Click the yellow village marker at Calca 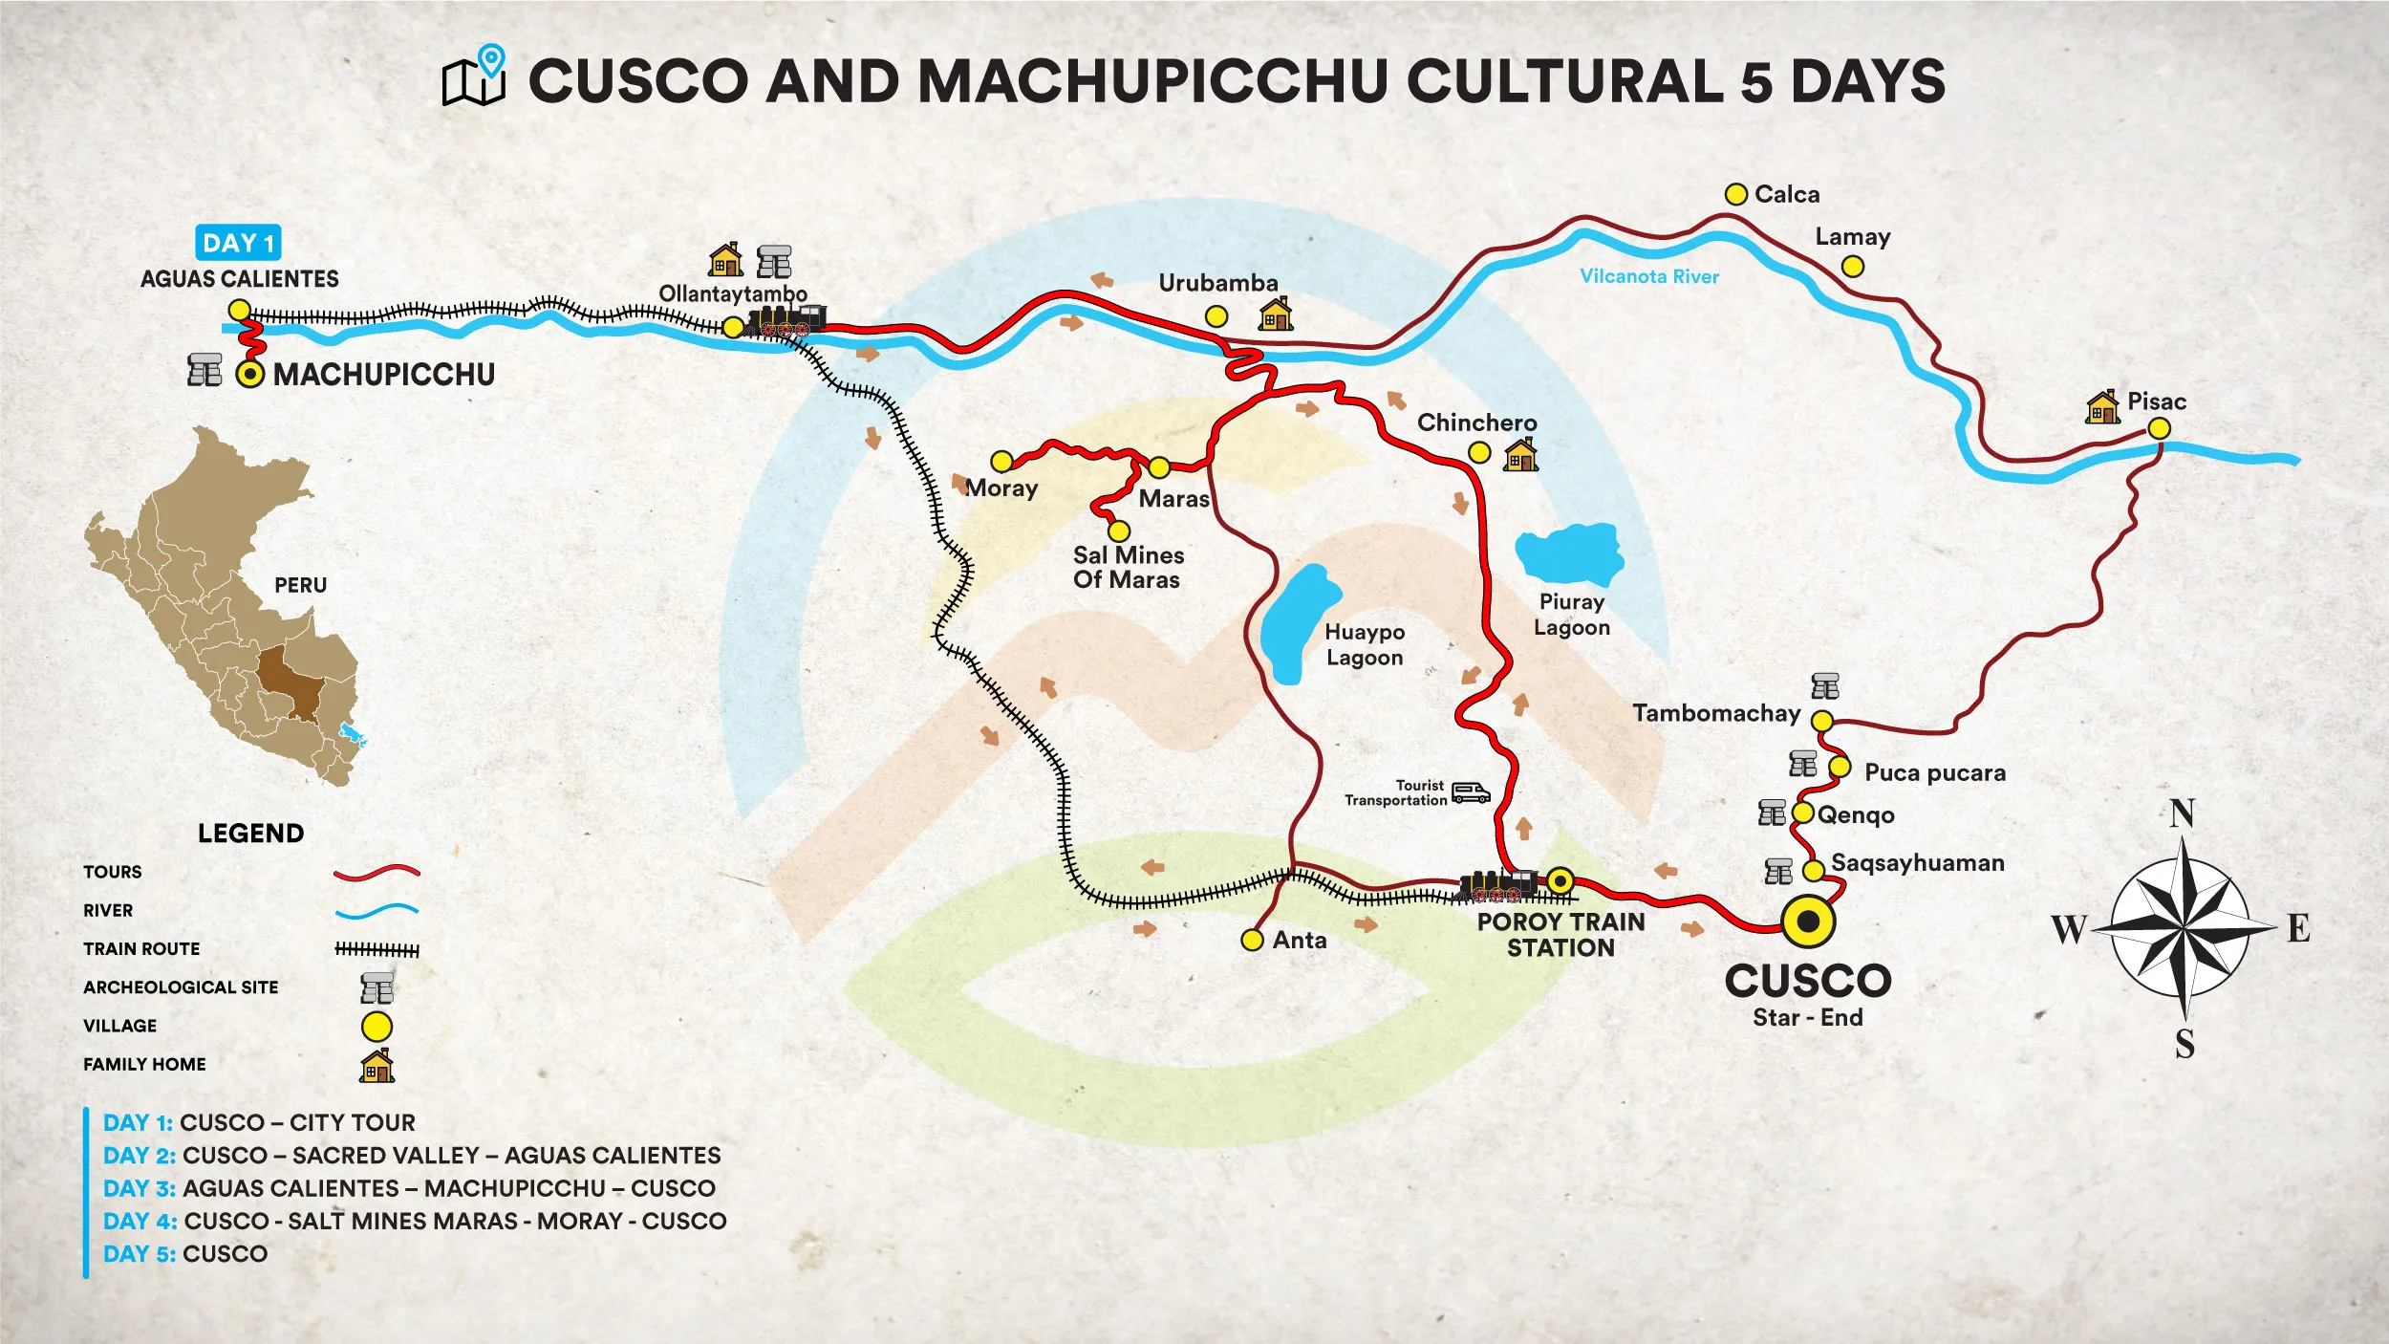coord(1735,194)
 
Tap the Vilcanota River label coord(1648,276)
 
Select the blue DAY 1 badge coord(238,243)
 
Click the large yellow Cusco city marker coord(1808,921)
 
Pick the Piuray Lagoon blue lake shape coord(1569,553)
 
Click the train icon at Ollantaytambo coord(786,321)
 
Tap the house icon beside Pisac coord(2102,407)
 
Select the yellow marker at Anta coord(1252,940)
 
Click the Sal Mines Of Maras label coord(1128,567)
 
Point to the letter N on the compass coord(2182,813)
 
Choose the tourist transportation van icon coord(1470,792)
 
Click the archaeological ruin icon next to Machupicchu coord(204,370)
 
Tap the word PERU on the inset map coord(300,585)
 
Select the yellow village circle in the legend coord(377,1027)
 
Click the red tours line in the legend coord(377,872)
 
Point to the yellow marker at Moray coord(1001,462)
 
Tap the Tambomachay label coord(1715,713)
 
